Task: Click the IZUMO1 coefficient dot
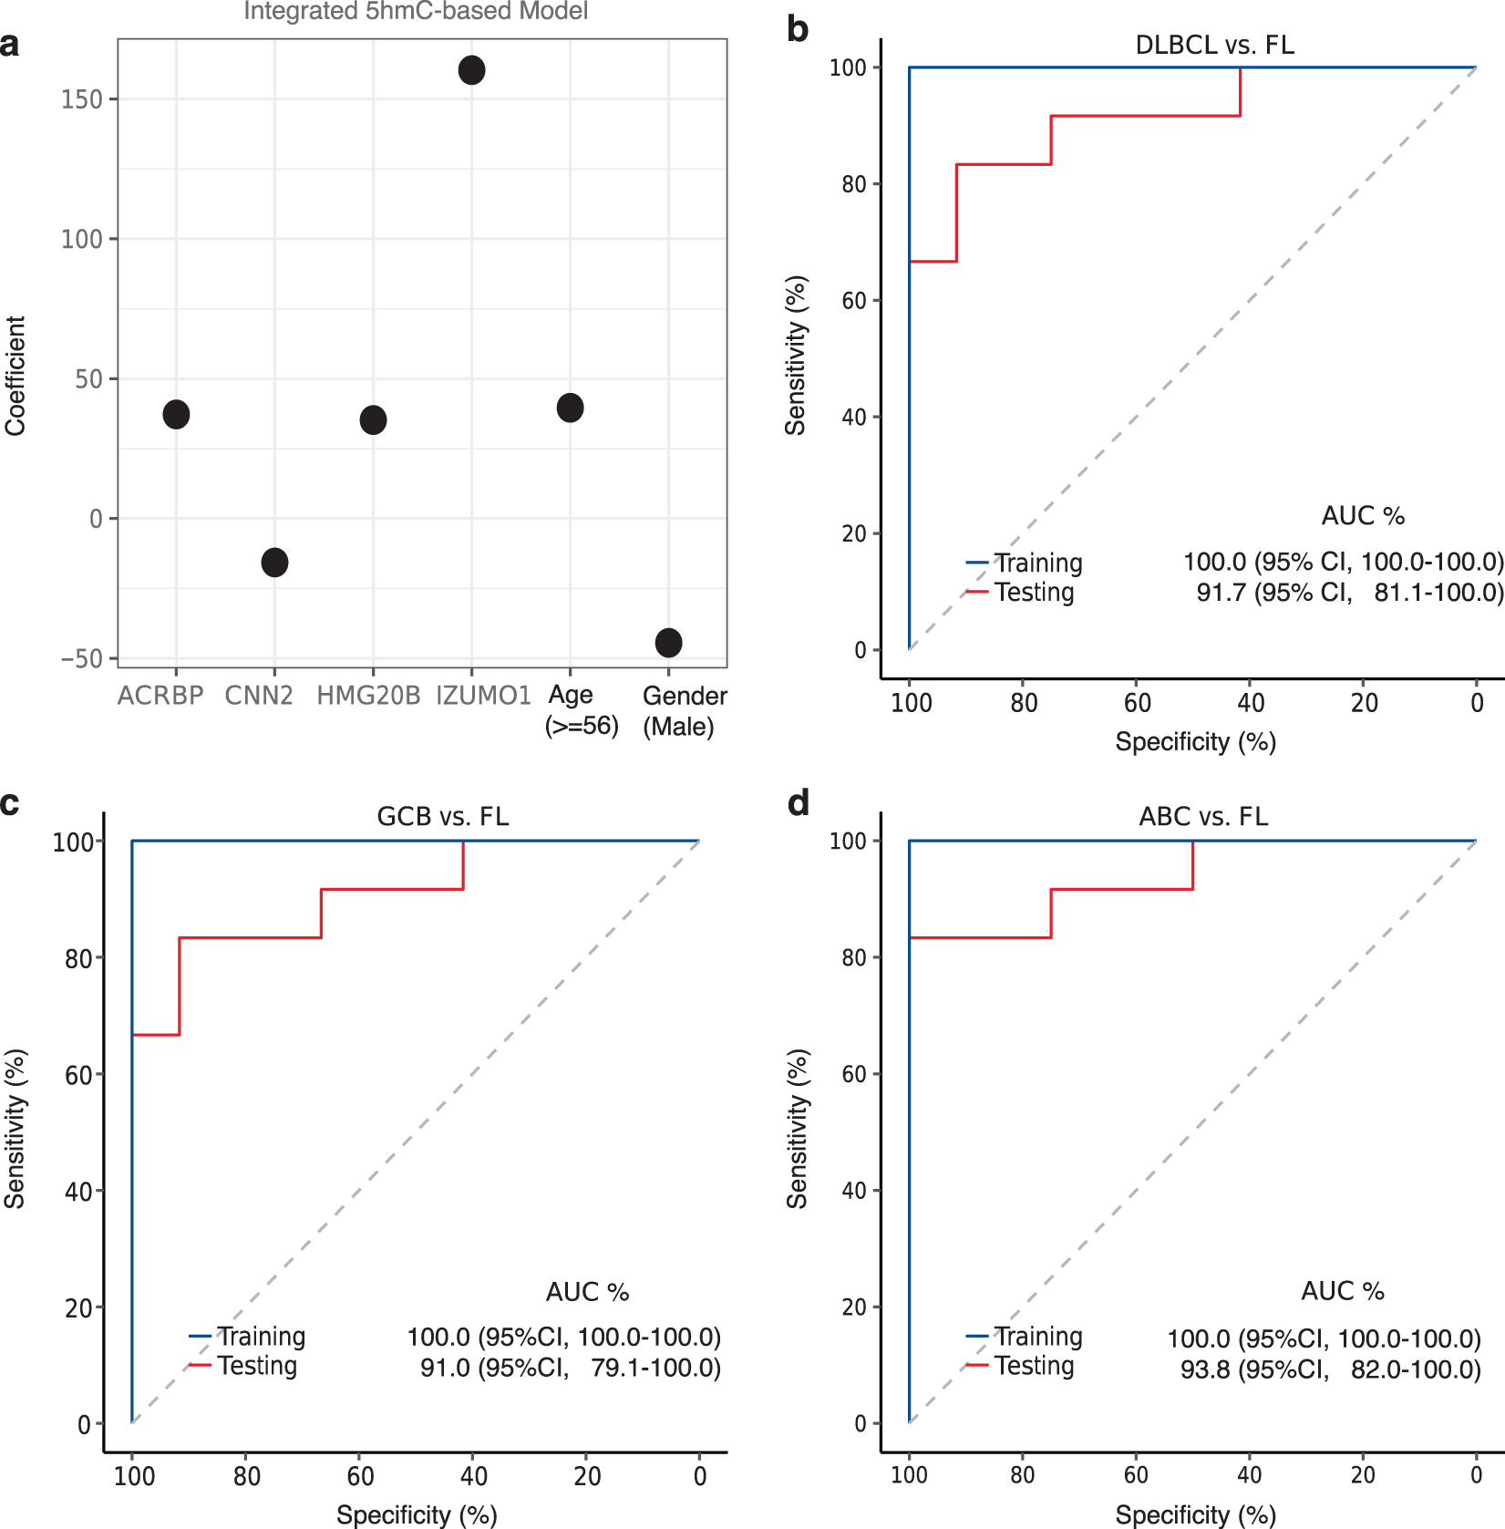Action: coord(471,70)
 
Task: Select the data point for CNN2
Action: coord(274,563)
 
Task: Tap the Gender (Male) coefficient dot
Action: coord(668,643)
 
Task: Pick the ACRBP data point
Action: coord(176,415)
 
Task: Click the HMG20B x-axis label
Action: coord(368,696)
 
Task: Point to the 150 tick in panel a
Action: coord(82,99)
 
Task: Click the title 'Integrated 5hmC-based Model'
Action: coord(416,12)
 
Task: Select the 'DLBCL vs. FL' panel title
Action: coord(1214,45)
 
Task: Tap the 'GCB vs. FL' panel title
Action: coord(443,816)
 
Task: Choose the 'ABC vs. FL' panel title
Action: coord(1203,816)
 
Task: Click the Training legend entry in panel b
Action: coord(1037,563)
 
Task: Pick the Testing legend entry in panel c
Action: coord(257,1366)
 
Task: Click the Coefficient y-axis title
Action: coord(15,376)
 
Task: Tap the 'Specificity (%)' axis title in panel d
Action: coord(1195,1514)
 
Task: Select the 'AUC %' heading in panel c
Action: coord(587,1292)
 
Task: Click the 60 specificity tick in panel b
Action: coord(1137,703)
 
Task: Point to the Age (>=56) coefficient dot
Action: coord(570,408)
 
